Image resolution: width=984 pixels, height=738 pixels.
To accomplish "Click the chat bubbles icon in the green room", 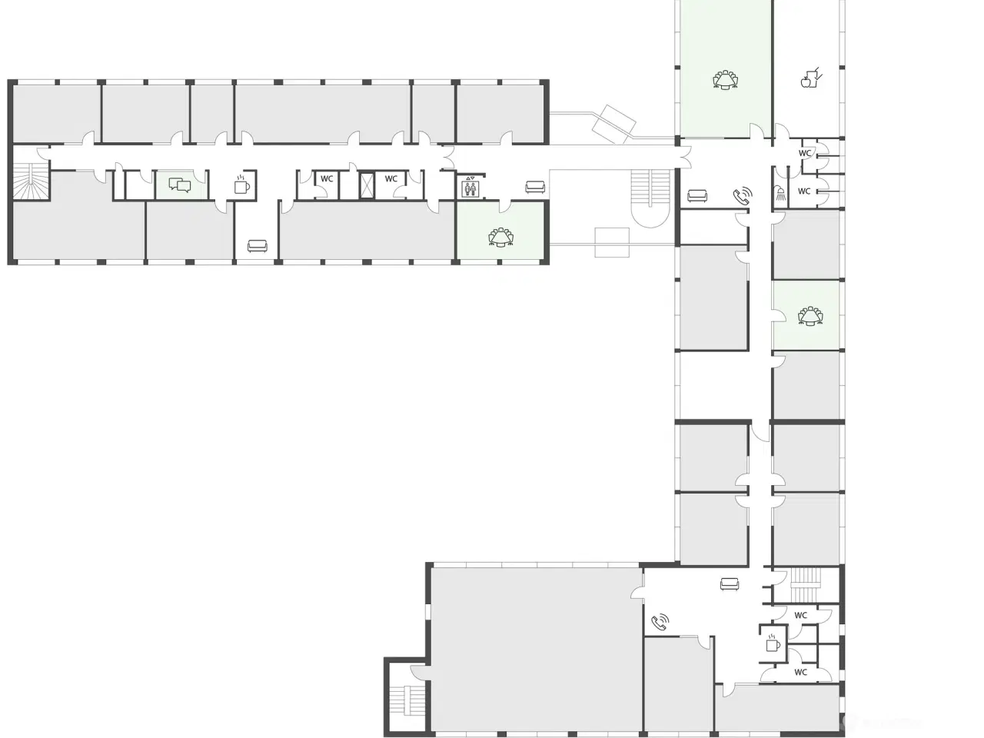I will pyautogui.click(x=180, y=185).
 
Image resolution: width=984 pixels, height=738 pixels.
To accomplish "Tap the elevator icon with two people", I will pyautogui.click(x=470, y=187).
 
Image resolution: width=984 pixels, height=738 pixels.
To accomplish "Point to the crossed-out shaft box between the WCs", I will pyautogui.click(x=367, y=184).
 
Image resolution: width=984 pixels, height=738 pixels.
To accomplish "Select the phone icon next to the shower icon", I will pyautogui.click(x=743, y=196).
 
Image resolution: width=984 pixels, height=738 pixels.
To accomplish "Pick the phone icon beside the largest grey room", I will pyautogui.click(x=660, y=623).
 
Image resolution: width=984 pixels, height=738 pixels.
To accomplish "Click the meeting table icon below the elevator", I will pyautogui.click(x=501, y=237).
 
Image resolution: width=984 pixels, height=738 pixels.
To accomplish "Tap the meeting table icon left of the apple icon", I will pyautogui.click(x=726, y=80).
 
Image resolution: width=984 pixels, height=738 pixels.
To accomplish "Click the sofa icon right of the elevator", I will pyautogui.click(x=535, y=187).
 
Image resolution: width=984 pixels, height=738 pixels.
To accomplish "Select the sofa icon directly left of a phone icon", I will pyautogui.click(x=696, y=196).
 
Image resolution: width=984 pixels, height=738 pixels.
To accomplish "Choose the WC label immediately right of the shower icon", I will pyautogui.click(x=804, y=191).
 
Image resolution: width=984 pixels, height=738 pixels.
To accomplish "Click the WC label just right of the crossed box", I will pyautogui.click(x=391, y=179).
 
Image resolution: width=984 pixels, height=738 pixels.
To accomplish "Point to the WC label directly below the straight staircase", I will pyautogui.click(x=801, y=615).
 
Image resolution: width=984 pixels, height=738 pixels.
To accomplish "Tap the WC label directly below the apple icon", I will pyautogui.click(x=805, y=153).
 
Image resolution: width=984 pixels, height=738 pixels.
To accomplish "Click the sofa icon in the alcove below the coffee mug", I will pyautogui.click(x=257, y=245).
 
